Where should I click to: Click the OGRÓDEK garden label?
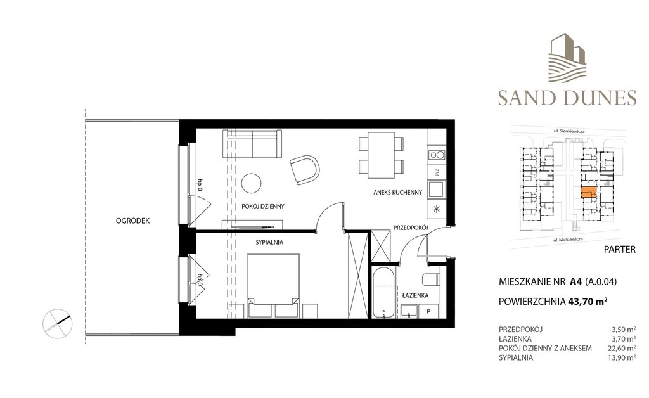coord(133,221)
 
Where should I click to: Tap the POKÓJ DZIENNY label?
coord(263,206)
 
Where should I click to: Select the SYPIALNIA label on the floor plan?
coord(269,243)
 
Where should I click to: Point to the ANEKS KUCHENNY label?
coord(398,193)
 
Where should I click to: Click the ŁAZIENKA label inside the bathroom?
coord(416,295)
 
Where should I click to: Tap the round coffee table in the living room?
coord(251,183)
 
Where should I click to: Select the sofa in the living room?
coord(252,144)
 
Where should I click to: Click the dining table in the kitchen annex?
coord(381,155)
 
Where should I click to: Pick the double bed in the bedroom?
coord(273,285)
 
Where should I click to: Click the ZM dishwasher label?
coord(437,171)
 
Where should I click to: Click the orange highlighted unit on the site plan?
coord(589,193)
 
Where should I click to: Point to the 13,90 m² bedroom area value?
coord(624,358)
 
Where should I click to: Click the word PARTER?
coord(620,250)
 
